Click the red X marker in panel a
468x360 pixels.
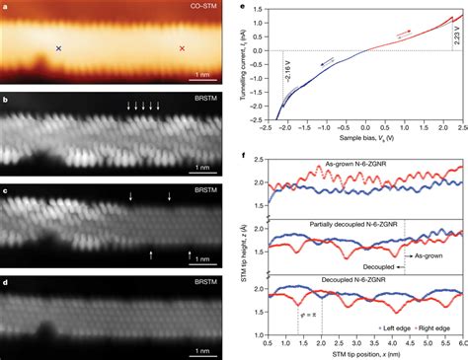(x=181, y=47)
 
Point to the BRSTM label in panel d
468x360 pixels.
(x=204, y=280)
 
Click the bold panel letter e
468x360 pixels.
(x=243, y=7)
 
